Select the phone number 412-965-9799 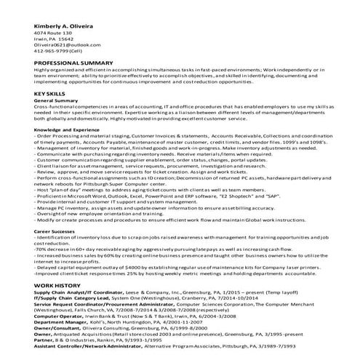(55, 52)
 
